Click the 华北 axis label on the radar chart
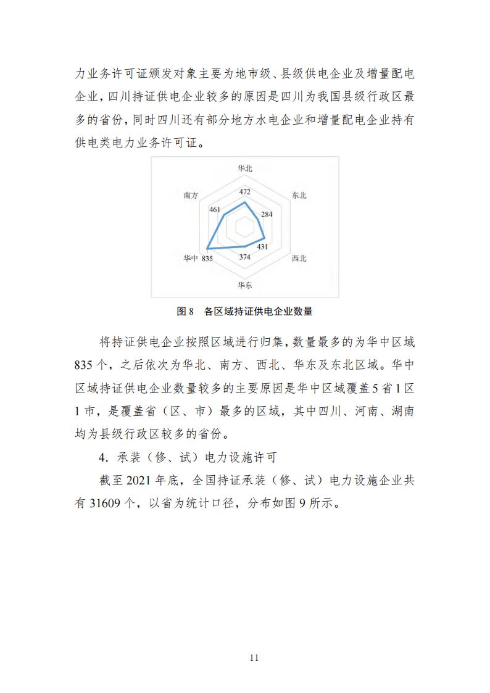coord(245,168)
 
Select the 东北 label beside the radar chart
coord(299,195)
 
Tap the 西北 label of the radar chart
coord(299,259)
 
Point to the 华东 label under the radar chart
coord(245,285)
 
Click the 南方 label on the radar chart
coord(191,195)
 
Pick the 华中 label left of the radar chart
coord(191,259)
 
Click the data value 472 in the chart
coord(245,191)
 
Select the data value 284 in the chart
coord(267,215)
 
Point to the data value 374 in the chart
coord(245,257)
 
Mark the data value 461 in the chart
coord(215,210)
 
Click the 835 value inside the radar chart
coord(207,259)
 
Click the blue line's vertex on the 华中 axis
coord(208,249)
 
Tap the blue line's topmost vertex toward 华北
coord(245,202)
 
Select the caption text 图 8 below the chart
coord(186,312)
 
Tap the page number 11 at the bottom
coord(254,657)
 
